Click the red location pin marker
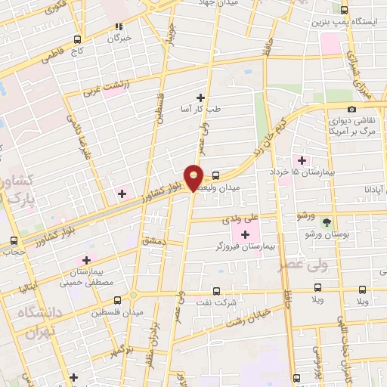coord(194,176)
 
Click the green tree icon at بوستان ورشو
coord(327,222)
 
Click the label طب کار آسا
coord(200,109)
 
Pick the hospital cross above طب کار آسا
coord(200,97)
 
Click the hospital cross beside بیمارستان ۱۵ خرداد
coord(302,160)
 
